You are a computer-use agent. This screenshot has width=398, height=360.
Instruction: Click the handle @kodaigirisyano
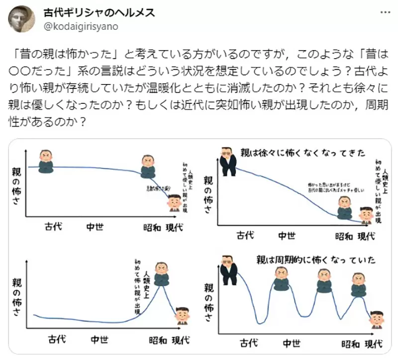81,26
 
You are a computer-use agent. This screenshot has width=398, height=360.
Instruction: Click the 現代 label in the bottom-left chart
181,341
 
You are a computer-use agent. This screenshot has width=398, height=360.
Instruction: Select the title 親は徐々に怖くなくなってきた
302,152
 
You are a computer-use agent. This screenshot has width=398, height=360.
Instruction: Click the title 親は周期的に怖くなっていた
315,260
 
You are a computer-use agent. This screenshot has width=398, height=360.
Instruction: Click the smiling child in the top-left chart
174,202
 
